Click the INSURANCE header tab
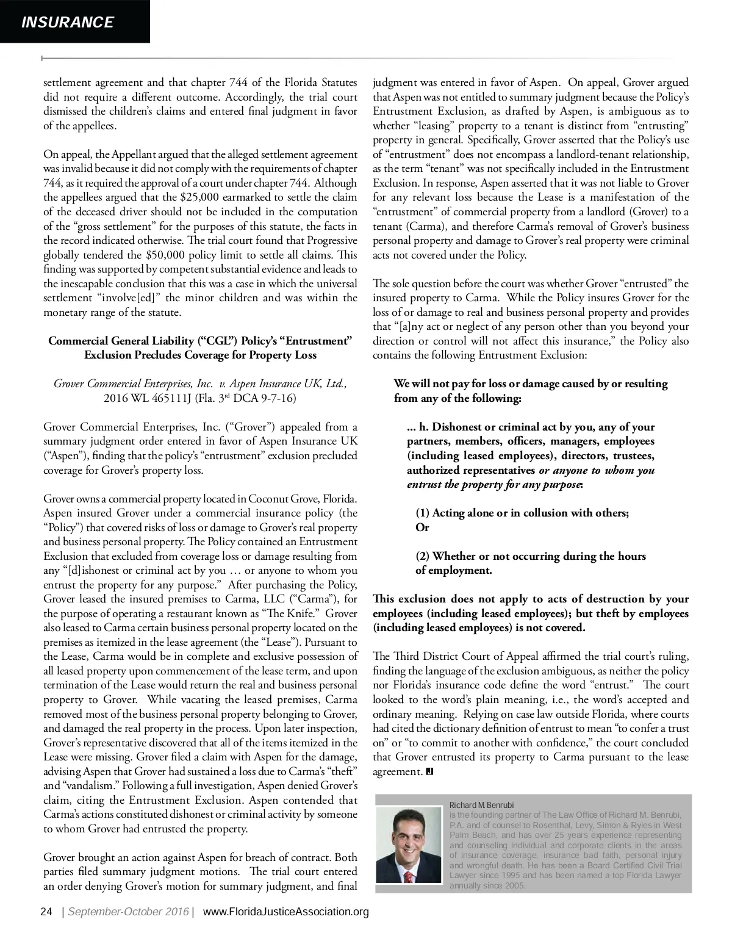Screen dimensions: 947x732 [68, 23]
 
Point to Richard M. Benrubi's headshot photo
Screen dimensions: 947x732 [409, 845]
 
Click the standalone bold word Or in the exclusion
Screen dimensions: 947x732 [422, 527]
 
